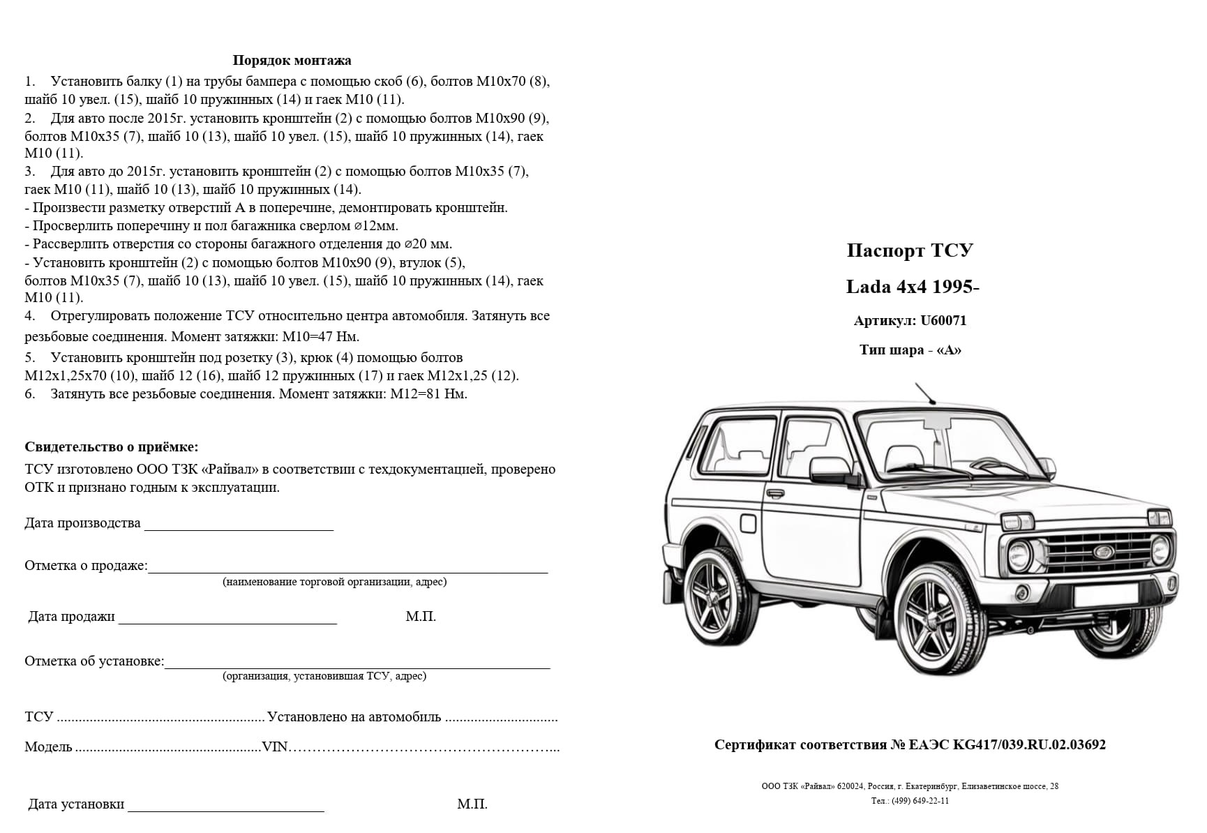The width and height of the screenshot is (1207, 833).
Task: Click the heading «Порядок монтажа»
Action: point(292,61)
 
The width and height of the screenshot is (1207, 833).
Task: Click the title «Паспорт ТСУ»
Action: point(910,251)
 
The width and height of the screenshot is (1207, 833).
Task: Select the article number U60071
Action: point(943,321)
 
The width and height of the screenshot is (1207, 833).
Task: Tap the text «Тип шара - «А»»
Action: point(910,350)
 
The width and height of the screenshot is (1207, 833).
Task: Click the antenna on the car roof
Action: point(926,394)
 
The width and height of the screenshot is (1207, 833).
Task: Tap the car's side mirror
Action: point(830,469)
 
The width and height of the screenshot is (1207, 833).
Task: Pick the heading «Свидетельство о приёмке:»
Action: point(112,447)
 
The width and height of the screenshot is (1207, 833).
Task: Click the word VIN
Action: point(275,747)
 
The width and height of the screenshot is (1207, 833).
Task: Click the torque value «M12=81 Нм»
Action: point(428,394)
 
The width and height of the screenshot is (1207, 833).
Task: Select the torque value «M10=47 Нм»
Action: point(320,337)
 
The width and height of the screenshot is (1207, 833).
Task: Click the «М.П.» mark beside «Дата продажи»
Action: point(421,617)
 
